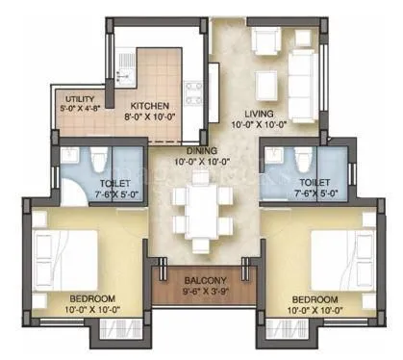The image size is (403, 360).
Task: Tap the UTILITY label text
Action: (x=80, y=97)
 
